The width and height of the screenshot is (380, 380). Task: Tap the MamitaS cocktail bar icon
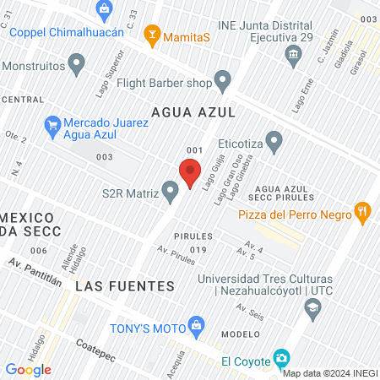coord(152,34)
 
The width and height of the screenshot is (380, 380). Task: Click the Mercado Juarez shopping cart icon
coord(52,125)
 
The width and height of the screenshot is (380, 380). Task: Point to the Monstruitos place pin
coord(78,63)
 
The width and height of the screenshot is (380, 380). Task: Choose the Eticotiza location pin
coord(274,139)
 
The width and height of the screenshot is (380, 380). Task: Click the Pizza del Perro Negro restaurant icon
coord(362,212)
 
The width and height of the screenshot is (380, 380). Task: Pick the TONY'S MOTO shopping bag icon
coord(197,324)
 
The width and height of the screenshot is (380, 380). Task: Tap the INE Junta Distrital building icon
coord(293,56)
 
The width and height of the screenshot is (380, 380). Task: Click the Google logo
coord(28,369)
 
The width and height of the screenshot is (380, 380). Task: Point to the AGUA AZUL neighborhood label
coord(191,111)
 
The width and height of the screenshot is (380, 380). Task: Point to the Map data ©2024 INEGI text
coord(329,373)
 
